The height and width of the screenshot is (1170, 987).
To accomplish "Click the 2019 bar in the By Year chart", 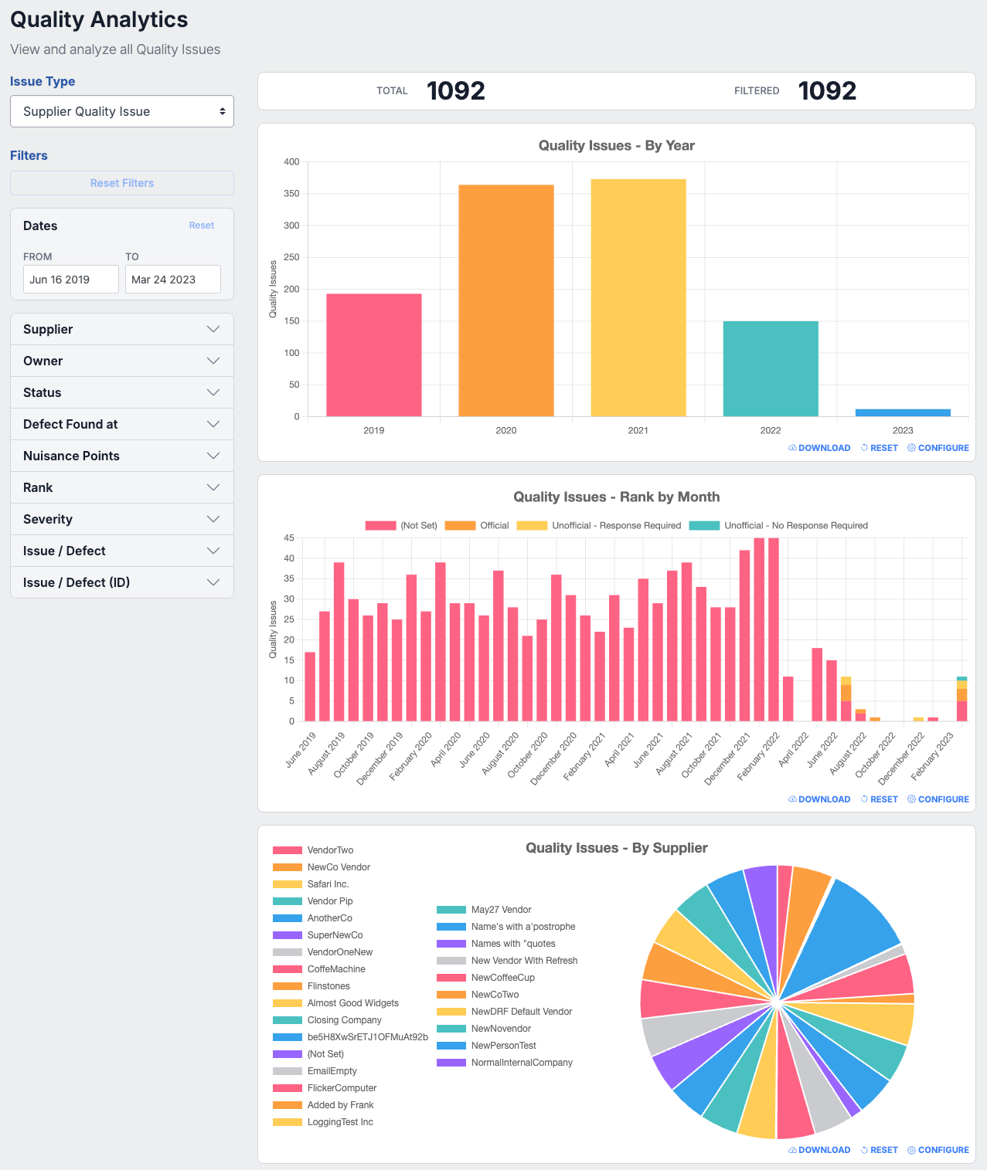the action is [x=373, y=354].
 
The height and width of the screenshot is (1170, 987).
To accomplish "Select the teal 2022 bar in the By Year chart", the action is [x=771, y=368].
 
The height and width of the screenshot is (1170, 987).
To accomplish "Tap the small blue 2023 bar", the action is [x=903, y=413].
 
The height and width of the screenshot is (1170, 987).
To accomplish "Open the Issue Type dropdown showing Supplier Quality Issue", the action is [x=121, y=111].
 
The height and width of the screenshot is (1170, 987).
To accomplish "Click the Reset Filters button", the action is [x=121, y=183].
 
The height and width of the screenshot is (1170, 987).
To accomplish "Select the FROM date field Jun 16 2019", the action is [x=70, y=279].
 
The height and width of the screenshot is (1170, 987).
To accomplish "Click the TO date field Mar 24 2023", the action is [x=172, y=279].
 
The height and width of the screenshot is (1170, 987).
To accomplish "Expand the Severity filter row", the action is [x=121, y=519].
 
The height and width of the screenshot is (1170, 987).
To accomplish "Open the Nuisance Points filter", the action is [x=121, y=456].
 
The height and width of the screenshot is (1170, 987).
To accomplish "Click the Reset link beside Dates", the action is [x=201, y=226].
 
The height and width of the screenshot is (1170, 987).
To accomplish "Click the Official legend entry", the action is [x=477, y=526].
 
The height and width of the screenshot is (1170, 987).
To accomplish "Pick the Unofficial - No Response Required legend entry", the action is [x=778, y=526].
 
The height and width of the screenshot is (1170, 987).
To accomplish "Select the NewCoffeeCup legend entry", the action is [x=485, y=977].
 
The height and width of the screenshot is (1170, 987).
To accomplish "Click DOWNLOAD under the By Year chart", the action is [x=819, y=448].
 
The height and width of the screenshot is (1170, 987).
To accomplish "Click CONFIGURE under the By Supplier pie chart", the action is [x=938, y=1150].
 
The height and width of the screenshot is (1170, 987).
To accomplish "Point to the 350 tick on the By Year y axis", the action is [x=291, y=193].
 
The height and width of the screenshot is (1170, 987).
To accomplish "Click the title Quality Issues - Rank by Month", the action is [x=616, y=497].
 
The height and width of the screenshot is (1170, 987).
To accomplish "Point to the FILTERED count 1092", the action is [x=826, y=91].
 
